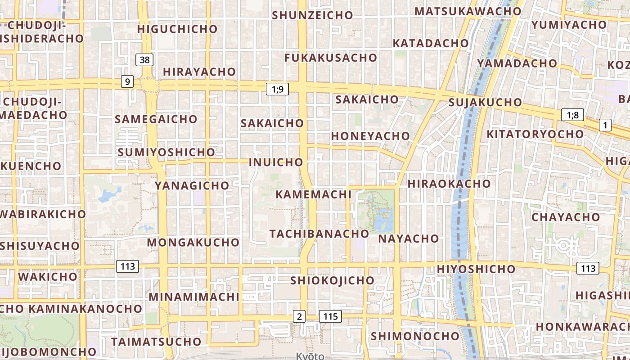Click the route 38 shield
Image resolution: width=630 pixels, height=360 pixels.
click(x=144, y=59)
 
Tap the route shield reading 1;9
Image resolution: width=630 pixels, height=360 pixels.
click(x=277, y=89)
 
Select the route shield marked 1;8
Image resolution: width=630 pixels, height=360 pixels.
click(x=572, y=115)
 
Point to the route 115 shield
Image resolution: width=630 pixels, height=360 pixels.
click(x=330, y=316)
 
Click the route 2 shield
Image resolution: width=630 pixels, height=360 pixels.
click(x=299, y=316)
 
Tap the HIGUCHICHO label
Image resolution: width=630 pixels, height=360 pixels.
click(x=177, y=29)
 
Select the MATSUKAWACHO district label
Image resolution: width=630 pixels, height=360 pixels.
click(x=468, y=11)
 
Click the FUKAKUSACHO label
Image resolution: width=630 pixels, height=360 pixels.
click(x=331, y=58)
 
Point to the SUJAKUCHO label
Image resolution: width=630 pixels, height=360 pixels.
click(x=485, y=103)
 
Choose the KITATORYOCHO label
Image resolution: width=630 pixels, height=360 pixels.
click(x=535, y=134)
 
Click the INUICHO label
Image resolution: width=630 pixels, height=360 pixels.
click(x=276, y=162)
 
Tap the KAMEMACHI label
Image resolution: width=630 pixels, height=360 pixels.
click(x=313, y=194)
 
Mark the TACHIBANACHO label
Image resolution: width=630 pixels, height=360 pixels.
click(x=319, y=234)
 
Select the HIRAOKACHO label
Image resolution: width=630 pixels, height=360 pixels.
click(x=449, y=184)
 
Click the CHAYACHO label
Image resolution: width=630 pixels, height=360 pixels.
click(x=566, y=217)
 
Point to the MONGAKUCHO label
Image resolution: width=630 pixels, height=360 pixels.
click(x=193, y=242)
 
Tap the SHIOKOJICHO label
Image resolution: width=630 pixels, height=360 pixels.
click(x=332, y=280)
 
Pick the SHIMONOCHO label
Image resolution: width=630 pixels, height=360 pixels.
click(x=415, y=336)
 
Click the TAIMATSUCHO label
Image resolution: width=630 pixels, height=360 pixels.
click(x=156, y=342)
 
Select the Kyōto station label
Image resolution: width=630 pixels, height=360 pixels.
click(x=310, y=356)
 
